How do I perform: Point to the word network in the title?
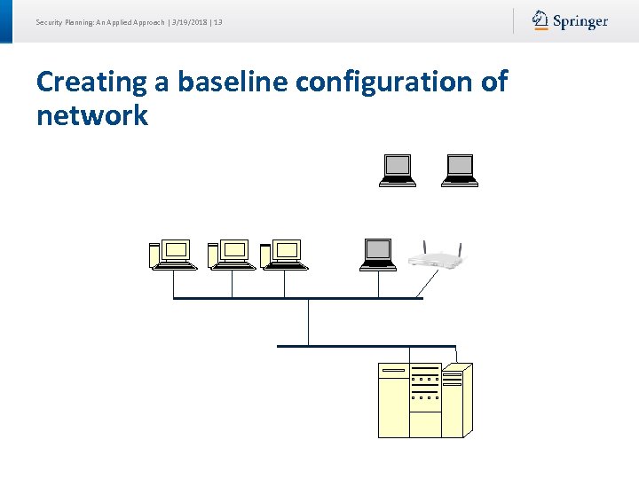(92, 115)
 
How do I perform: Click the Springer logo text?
(580, 21)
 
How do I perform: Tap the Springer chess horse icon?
(540, 20)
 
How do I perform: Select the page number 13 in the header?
(217, 21)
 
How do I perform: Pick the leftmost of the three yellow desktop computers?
(172, 255)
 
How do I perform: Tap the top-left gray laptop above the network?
(398, 170)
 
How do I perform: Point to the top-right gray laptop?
(460, 170)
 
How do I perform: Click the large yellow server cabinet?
(425, 399)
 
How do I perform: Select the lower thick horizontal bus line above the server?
(366, 346)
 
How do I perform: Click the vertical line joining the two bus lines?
(308, 322)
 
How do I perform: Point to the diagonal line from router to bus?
(427, 284)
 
